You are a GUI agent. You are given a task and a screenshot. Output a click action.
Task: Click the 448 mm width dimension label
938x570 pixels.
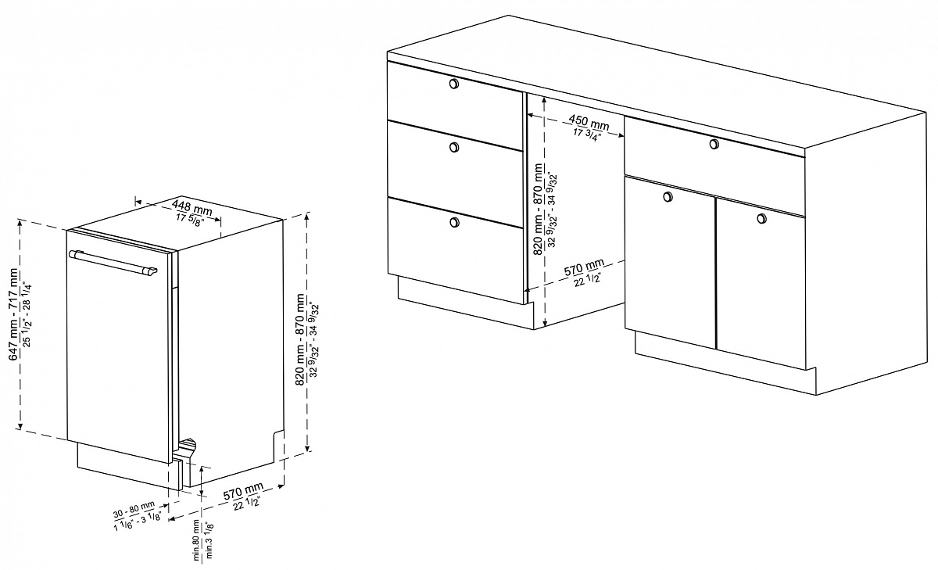(x=192, y=207)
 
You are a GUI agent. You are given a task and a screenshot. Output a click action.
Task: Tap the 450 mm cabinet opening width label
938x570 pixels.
(x=589, y=122)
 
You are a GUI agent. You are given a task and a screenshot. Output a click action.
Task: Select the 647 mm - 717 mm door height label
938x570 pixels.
(x=14, y=314)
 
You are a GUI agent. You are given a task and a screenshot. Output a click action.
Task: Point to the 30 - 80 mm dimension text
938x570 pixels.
(x=134, y=509)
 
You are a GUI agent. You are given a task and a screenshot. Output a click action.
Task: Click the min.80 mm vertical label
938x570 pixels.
(x=196, y=540)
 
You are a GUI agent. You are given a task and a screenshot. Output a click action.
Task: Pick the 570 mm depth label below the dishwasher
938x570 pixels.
(x=243, y=490)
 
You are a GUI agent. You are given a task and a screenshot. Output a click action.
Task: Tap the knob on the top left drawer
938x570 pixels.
(x=453, y=84)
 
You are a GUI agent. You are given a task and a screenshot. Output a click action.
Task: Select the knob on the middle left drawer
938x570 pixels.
(x=454, y=147)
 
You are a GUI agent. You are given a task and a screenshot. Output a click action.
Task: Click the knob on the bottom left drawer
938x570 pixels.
(x=454, y=222)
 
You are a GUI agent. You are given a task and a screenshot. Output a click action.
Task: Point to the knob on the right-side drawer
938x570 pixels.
(x=714, y=144)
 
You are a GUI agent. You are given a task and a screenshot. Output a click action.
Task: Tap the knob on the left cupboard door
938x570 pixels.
(x=668, y=196)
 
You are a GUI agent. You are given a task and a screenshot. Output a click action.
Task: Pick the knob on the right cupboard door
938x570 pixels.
(x=761, y=218)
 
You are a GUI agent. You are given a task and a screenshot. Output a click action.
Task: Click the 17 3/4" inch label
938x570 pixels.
(x=587, y=134)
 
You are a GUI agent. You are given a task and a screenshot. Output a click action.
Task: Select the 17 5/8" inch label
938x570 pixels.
(x=189, y=220)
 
